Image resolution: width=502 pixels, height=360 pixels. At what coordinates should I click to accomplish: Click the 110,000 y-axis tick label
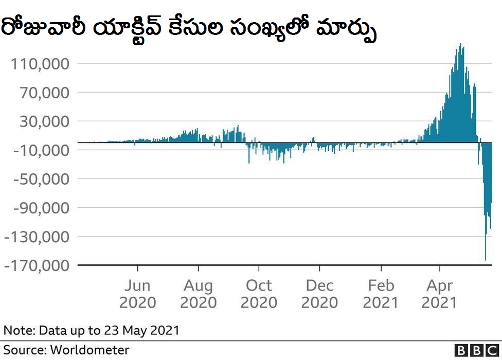(x=40, y=64)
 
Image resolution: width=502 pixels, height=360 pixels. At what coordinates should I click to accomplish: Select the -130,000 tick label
(x=36, y=237)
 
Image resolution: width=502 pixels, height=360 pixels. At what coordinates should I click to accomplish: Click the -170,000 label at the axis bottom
(x=36, y=266)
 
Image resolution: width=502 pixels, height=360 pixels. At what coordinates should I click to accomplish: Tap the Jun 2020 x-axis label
(x=137, y=293)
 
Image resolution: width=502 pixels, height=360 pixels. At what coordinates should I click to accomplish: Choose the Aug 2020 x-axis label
(x=198, y=293)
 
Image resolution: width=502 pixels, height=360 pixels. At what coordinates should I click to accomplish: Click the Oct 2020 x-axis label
(x=259, y=293)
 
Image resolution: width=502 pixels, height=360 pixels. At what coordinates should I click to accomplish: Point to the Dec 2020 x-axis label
(x=319, y=293)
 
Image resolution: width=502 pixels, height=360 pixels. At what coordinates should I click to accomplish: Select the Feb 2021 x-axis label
(x=381, y=293)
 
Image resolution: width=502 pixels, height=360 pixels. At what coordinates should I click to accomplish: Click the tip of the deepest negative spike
(x=486, y=260)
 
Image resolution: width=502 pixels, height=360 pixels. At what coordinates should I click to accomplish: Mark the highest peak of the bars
(x=460, y=44)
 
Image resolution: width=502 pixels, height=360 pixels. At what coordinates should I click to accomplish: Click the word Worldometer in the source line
(x=89, y=350)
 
